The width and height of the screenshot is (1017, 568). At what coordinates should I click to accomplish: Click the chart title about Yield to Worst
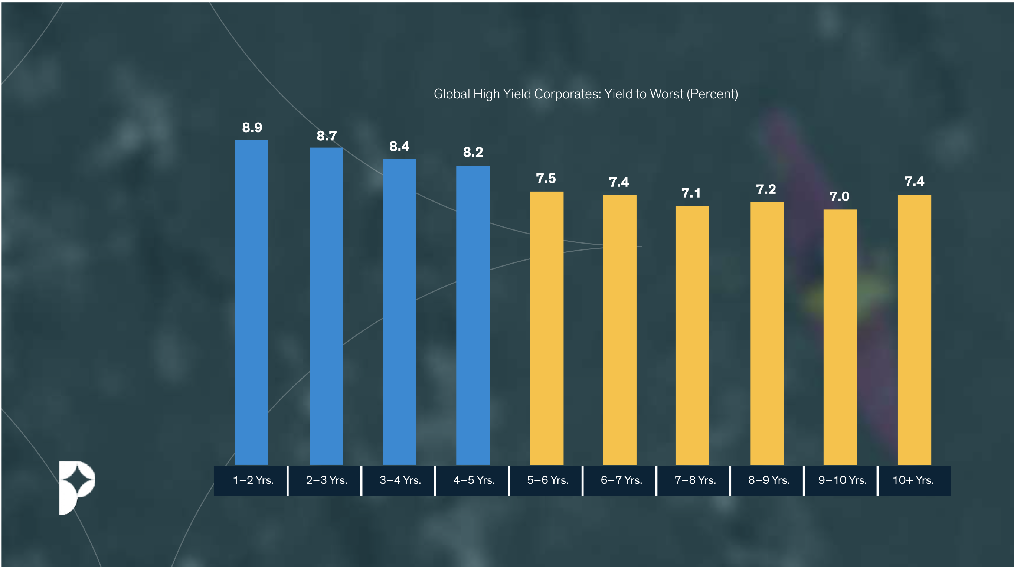(x=585, y=94)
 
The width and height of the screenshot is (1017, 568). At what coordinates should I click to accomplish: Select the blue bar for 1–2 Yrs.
(x=252, y=302)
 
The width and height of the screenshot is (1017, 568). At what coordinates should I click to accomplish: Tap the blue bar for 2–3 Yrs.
(x=326, y=306)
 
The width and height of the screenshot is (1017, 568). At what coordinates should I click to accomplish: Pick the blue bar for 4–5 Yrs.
(x=472, y=315)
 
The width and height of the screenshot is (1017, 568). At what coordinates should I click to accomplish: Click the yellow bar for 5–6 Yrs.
(x=546, y=328)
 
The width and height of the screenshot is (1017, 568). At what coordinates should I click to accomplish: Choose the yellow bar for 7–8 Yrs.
(x=692, y=335)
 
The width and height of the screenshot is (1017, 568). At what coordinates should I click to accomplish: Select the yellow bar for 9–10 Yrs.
(x=840, y=337)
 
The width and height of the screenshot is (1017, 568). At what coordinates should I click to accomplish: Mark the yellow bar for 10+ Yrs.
(x=914, y=329)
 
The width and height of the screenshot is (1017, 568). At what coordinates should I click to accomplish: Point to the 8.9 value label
(x=252, y=128)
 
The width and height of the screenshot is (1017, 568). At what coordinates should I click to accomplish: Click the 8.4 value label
(x=399, y=147)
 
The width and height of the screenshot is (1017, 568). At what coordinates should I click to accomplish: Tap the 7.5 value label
(x=546, y=179)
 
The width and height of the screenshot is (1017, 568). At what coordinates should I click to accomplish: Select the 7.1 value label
(x=691, y=193)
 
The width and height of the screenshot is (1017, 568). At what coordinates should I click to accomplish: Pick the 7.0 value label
(x=839, y=197)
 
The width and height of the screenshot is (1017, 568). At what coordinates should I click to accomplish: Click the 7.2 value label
(x=765, y=190)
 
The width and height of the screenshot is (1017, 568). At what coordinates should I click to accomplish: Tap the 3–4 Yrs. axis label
(x=400, y=480)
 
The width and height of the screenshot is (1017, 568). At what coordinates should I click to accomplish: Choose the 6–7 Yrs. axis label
(x=621, y=480)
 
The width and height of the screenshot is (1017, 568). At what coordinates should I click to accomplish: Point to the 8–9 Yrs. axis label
(x=769, y=480)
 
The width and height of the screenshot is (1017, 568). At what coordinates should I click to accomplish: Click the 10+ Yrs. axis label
(x=913, y=480)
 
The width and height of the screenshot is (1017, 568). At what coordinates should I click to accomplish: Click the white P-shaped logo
(x=76, y=487)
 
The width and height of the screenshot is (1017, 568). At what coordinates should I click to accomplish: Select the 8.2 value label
(x=472, y=153)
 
